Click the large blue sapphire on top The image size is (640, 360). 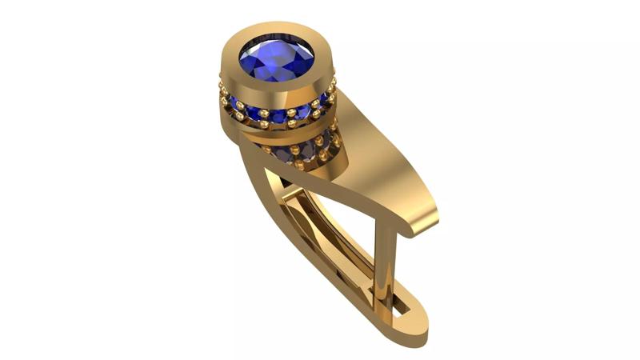(277, 60)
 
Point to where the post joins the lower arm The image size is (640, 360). (382, 296)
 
